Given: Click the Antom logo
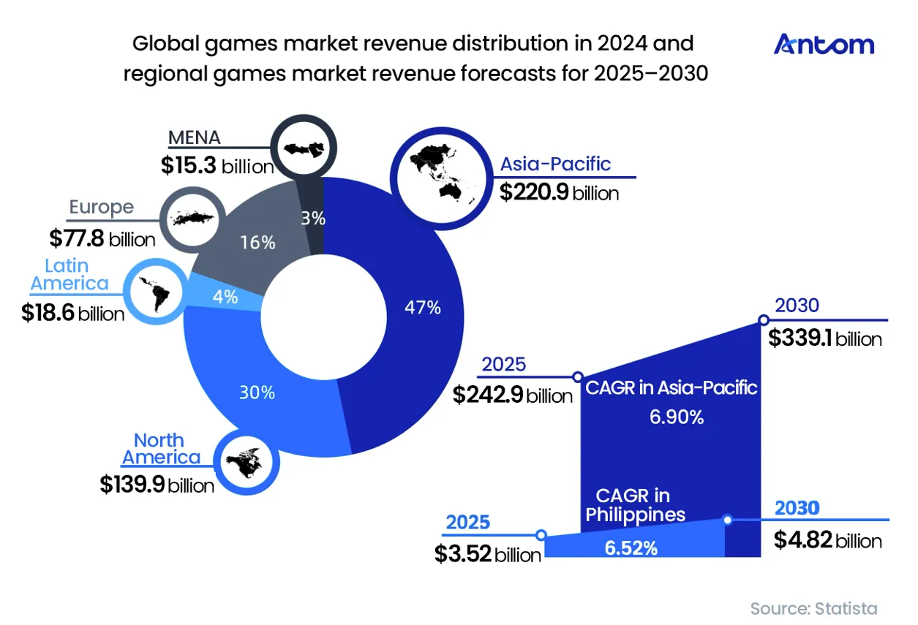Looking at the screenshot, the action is click(x=824, y=45).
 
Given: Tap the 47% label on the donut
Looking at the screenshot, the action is click(x=423, y=307).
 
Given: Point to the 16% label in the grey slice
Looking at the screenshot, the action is click(x=257, y=243).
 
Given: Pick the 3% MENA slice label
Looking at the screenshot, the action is click(x=313, y=219).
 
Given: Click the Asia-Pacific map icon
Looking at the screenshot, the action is click(x=442, y=178).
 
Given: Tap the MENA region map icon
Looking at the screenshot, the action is click(x=304, y=148).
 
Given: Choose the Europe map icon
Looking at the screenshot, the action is click(x=192, y=219).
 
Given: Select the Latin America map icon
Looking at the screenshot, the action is click(x=156, y=291).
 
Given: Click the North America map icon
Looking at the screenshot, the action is click(x=247, y=461).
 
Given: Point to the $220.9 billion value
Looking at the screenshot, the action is click(x=559, y=192).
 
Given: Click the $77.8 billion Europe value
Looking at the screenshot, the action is click(x=102, y=239).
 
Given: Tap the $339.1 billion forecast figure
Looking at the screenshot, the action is click(x=825, y=338).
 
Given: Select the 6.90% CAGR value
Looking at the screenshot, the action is click(x=677, y=417).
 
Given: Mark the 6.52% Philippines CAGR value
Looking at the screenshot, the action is click(x=631, y=548).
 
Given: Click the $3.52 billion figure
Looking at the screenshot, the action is click(x=488, y=554).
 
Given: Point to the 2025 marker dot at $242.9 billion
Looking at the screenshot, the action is click(x=578, y=376).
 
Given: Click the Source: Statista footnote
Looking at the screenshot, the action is click(x=814, y=609).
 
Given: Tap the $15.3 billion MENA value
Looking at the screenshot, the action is click(x=218, y=165).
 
